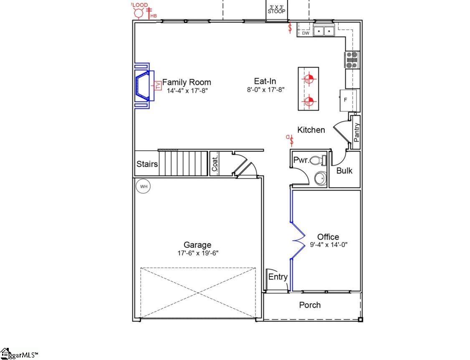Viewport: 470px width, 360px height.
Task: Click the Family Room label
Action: pyautogui.click(x=187, y=82)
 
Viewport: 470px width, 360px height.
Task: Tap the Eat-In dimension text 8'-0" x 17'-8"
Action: pyautogui.click(x=265, y=89)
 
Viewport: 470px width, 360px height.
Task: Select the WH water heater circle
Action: pyautogui.click(x=144, y=186)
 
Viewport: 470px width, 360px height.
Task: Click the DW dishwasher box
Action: pyautogui.click(x=306, y=33)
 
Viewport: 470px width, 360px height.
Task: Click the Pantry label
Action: pyautogui.click(x=356, y=132)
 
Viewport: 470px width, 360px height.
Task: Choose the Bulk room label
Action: pyautogui.click(x=344, y=170)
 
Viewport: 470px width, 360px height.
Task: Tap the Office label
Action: pyautogui.click(x=328, y=237)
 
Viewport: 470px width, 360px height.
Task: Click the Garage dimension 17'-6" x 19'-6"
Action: pyautogui.click(x=198, y=253)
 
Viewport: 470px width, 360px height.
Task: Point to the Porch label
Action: pyautogui.click(x=310, y=305)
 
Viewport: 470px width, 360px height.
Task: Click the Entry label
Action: pyautogui.click(x=278, y=277)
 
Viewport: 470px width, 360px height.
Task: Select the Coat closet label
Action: pyautogui.click(x=215, y=164)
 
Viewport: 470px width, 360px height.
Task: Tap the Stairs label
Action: pyautogui.click(x=147, y=164)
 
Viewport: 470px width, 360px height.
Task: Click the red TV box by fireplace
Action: pyautogui.click(x=158, y=86)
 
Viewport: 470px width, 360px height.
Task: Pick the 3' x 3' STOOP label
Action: pyautogui.click(x=277, y=9)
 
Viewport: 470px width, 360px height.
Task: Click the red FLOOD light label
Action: pyautogui.click(x=140, y=5)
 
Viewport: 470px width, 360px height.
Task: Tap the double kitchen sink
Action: pyautogui.click(x=324, y=31)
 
